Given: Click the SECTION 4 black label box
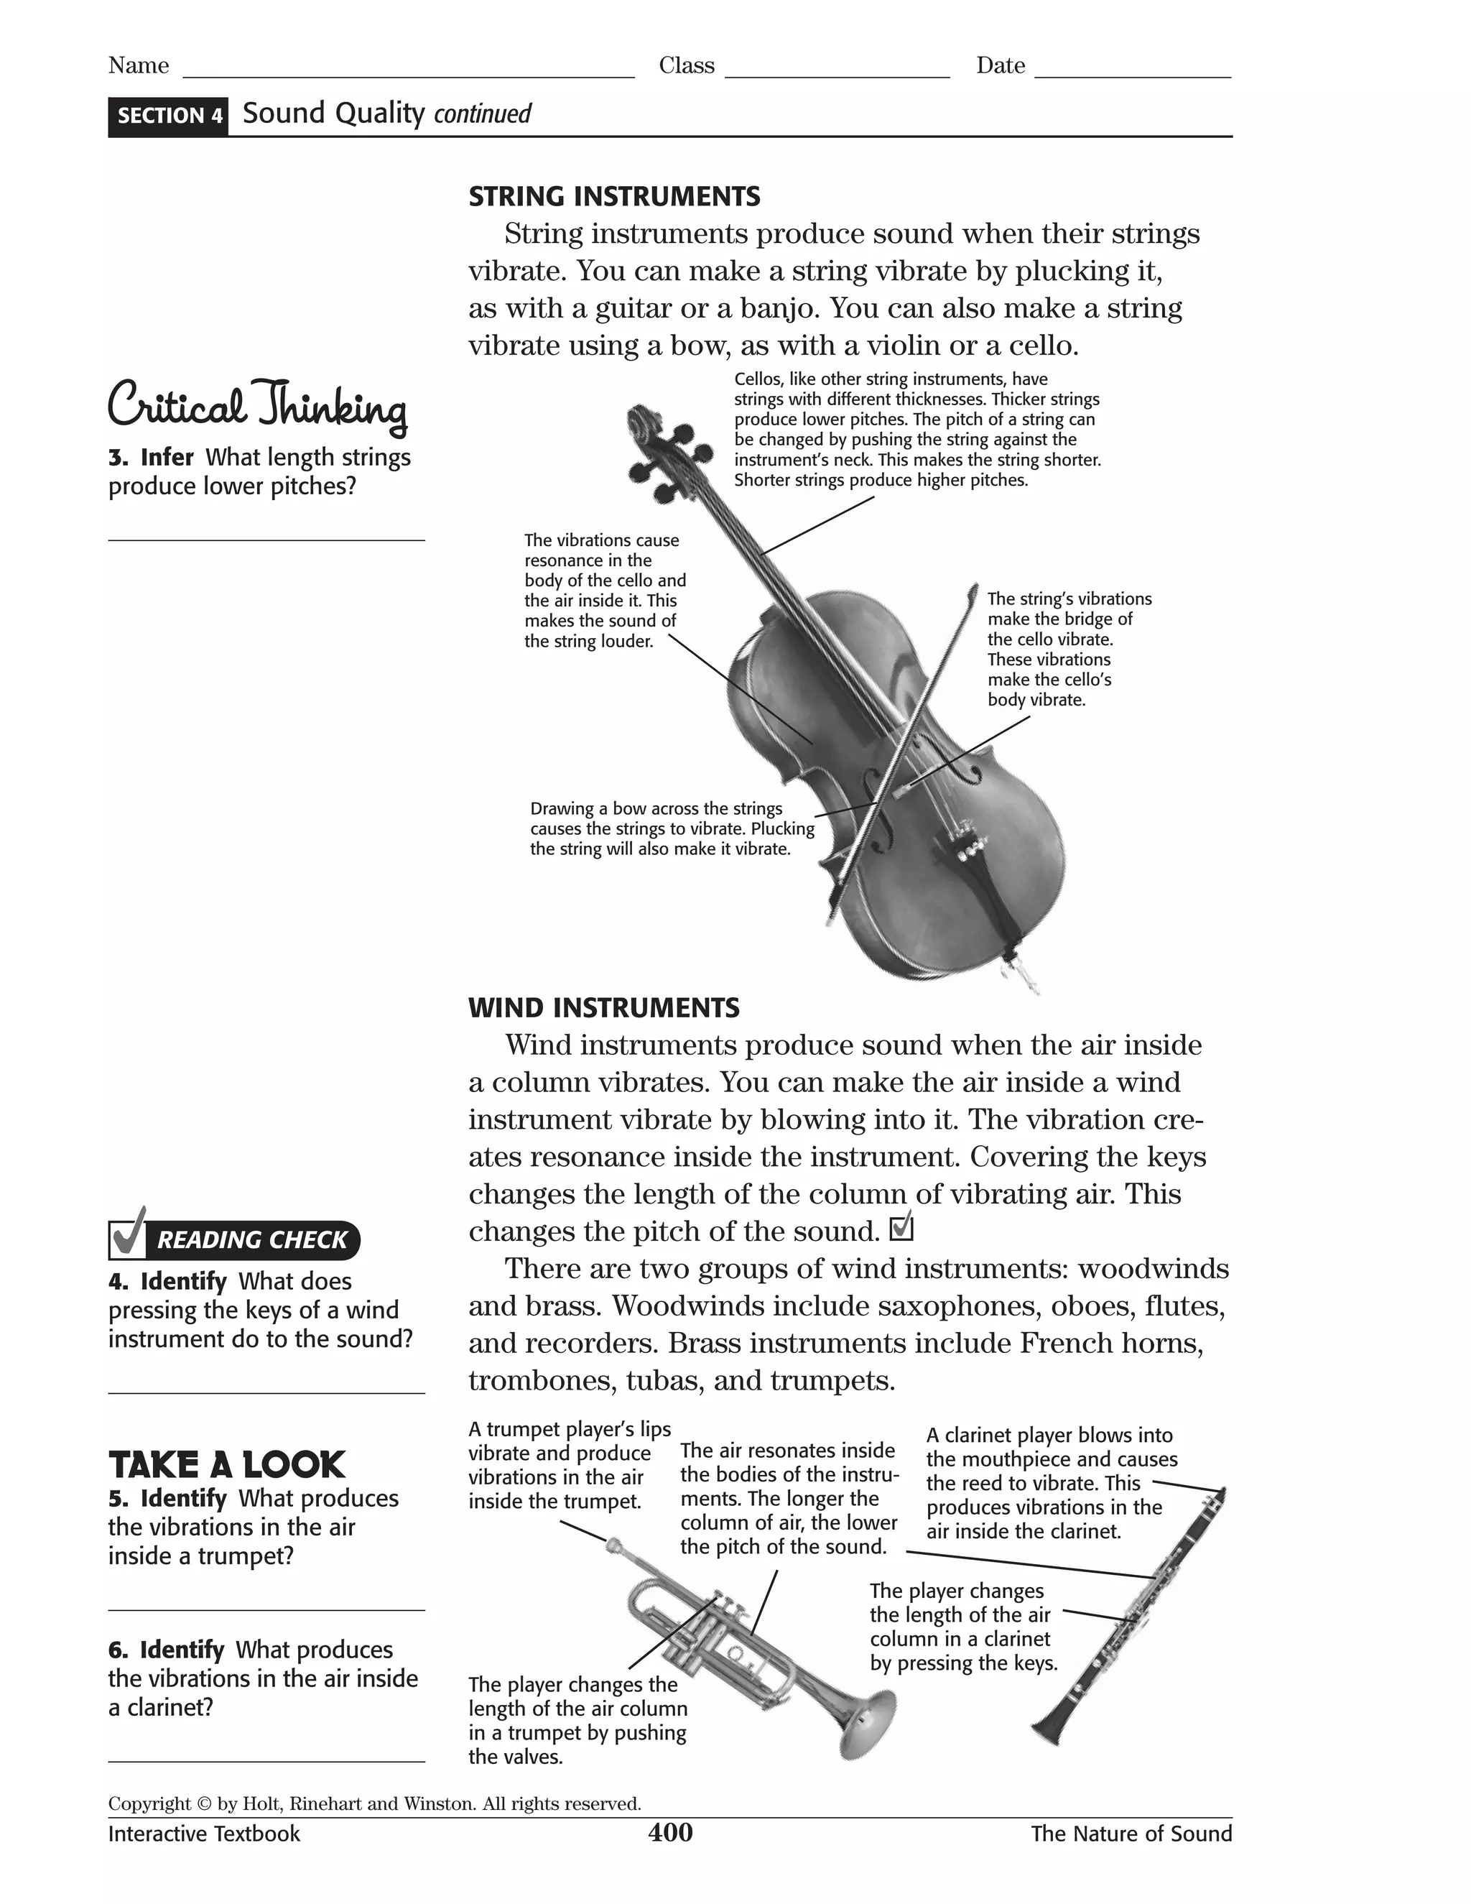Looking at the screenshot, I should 168,116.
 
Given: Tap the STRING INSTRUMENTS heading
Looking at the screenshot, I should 613,196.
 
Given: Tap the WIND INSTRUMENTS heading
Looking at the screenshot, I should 604,1008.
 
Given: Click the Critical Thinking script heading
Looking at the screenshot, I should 257,406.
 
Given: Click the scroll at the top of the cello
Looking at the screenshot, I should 642,421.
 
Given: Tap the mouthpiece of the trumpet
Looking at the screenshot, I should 613,1545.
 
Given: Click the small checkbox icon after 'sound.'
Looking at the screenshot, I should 901,1229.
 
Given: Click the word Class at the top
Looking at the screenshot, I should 686,66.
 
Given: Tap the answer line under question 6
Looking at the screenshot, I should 266,1761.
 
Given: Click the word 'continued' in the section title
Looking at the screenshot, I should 482,114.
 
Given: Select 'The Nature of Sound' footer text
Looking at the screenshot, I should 1131,1834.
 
